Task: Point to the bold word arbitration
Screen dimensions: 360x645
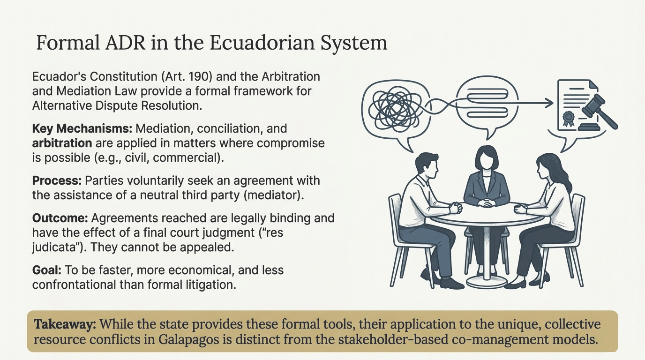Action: (62, 143)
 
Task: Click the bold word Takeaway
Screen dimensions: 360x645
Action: (65, 324)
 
